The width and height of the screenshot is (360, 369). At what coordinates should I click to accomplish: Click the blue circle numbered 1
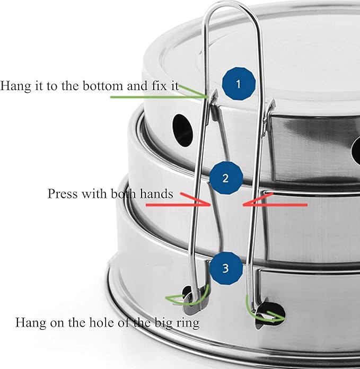[x=239, y=84]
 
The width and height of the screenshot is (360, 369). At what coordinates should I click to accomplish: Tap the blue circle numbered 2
[x=226, y=178]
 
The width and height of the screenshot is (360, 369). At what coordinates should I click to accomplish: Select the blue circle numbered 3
[x=226, y=268]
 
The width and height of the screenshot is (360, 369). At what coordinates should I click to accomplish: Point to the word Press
[x=63, y=194]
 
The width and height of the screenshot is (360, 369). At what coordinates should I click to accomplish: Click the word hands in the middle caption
[x=156, y=194]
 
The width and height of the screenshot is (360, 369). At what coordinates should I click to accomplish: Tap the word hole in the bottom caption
[x=102, y=322]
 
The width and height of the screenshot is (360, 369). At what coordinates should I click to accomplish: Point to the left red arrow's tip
[x=210, y=205]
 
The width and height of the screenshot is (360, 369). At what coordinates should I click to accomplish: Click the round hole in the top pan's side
[x=182, y=130]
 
